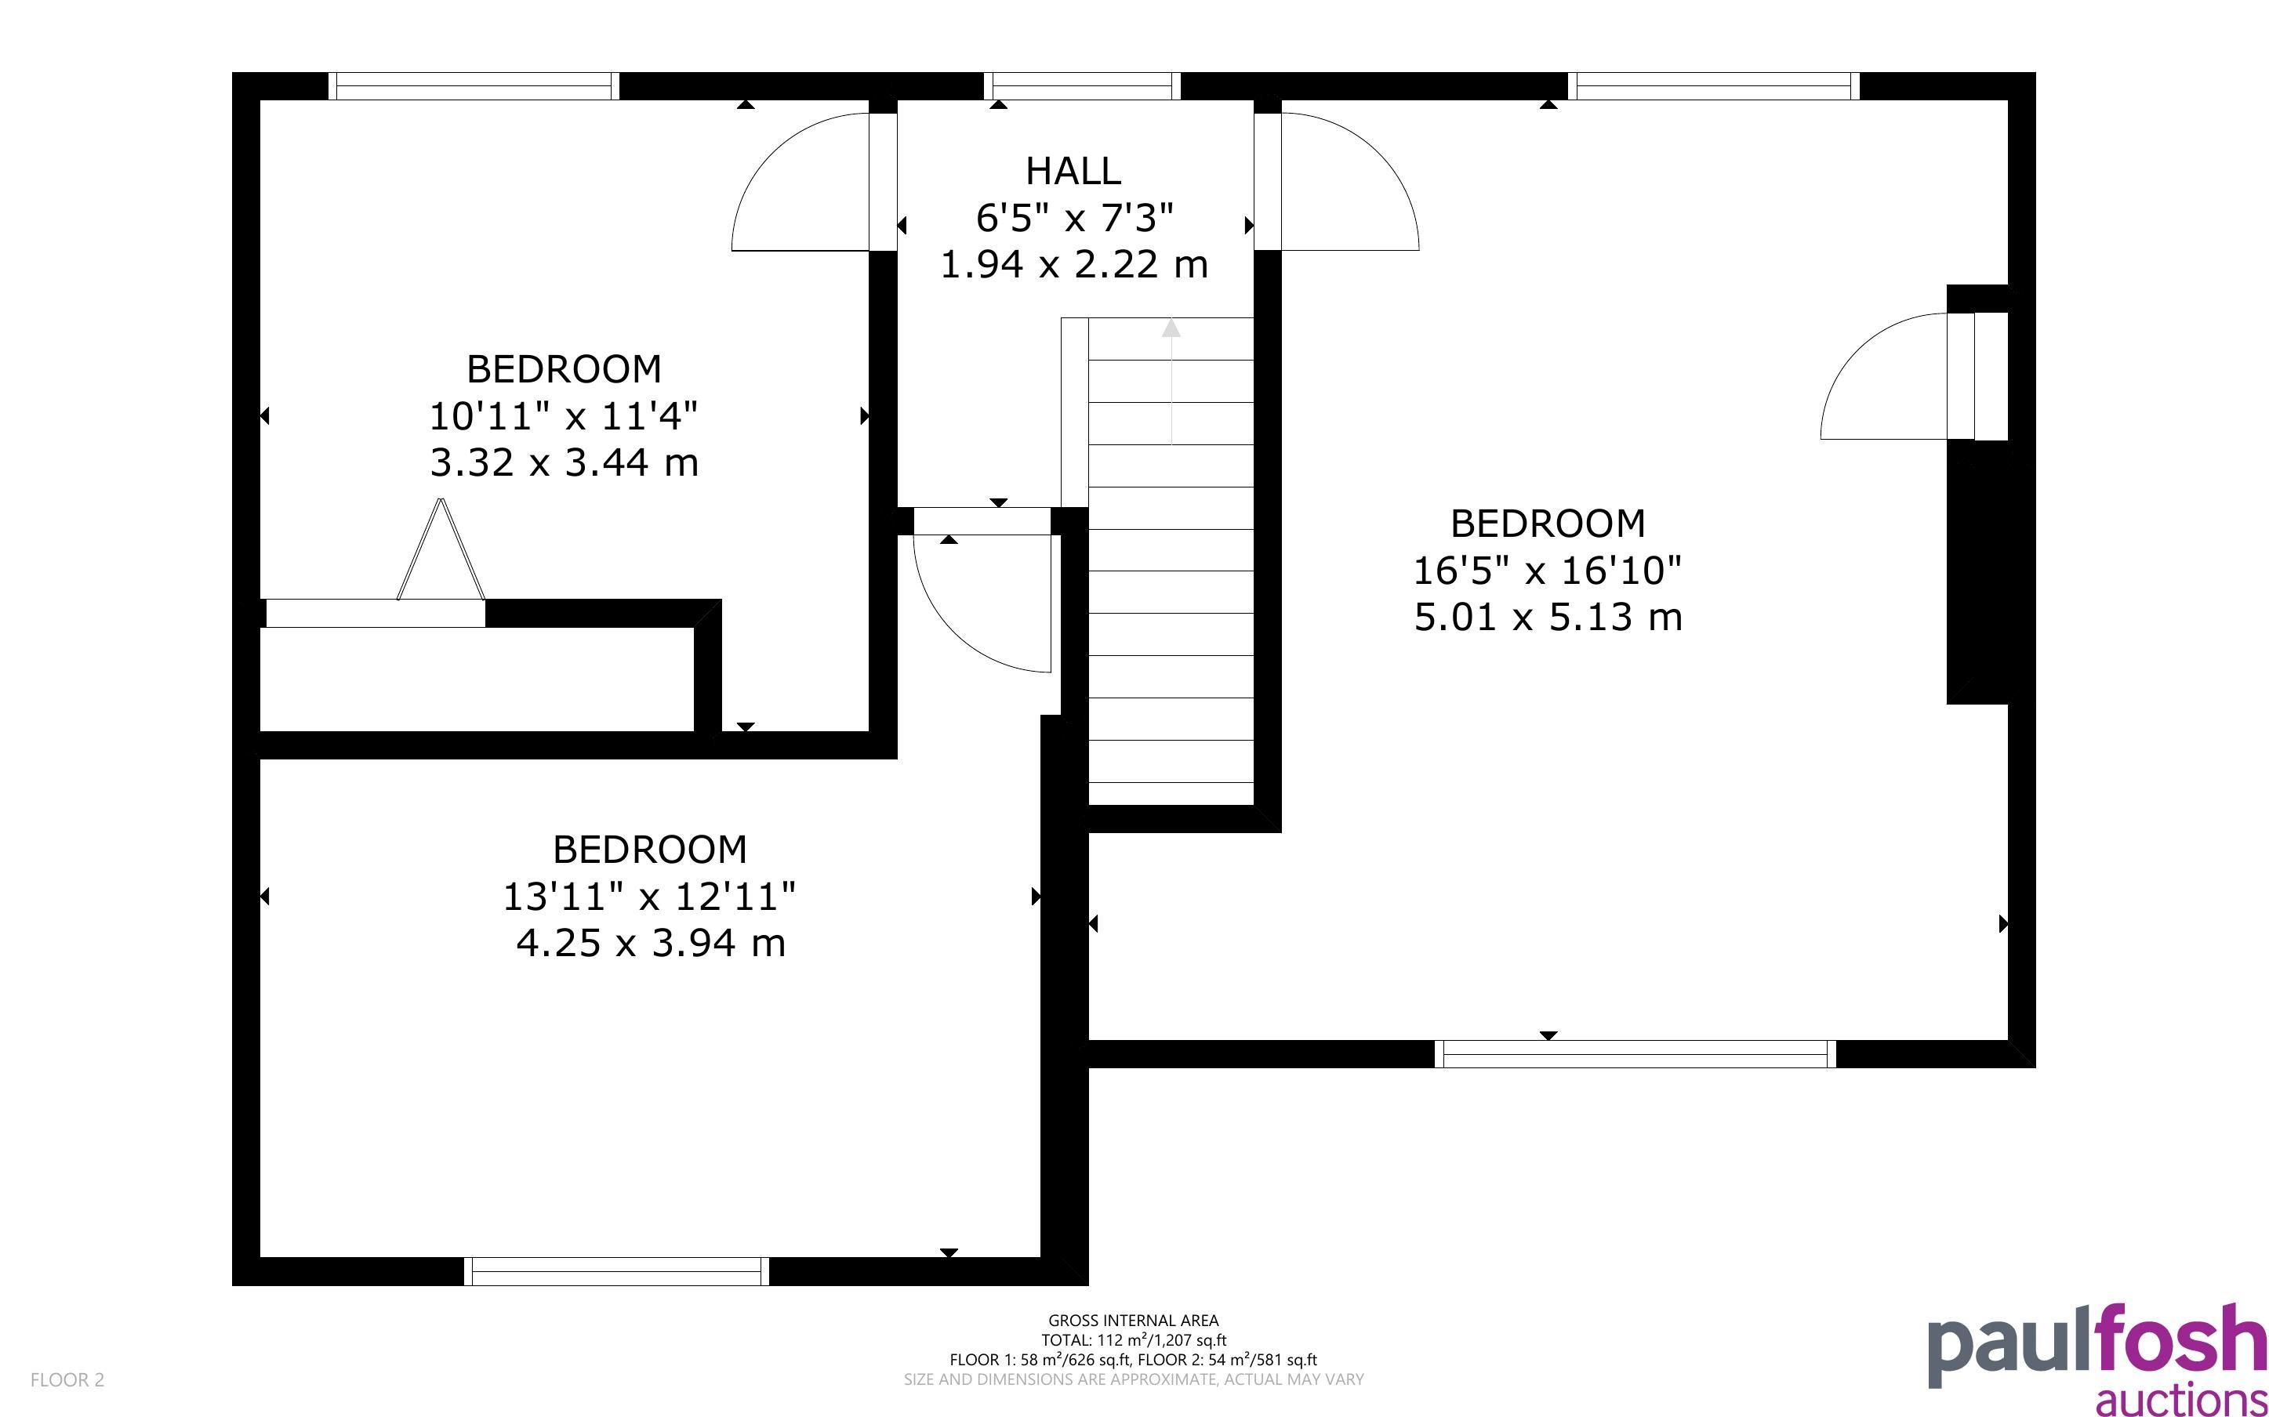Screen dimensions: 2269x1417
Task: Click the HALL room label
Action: (x=1073, y=172)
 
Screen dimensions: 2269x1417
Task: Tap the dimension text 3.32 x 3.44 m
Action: (x=565, y=463)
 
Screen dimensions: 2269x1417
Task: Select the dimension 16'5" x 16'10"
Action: (x=1548, y=570)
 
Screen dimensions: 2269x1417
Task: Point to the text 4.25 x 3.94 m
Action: (x=651, y=943)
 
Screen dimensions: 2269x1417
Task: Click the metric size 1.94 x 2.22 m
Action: (x=1074, y=265)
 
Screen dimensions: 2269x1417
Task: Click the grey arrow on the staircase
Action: (x=1171, y=382)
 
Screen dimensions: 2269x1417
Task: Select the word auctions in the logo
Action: (x=2182, y=1399)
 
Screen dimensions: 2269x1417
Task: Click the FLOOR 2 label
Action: (x=67, y=1379)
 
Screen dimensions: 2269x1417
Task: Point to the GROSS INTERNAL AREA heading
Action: (x=1133, y=1321)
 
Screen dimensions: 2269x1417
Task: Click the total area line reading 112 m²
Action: (x=1133, y=1340)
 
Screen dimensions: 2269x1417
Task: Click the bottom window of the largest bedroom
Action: (x=1635, y=1054)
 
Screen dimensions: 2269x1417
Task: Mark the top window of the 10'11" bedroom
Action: (x=474, y=86)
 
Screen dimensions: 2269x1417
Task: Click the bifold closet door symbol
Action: (x=441, y=550)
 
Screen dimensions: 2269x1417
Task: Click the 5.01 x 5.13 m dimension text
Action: (x=1548, y=618)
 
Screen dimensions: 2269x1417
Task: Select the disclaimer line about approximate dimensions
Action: (x=1133, y=1379)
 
